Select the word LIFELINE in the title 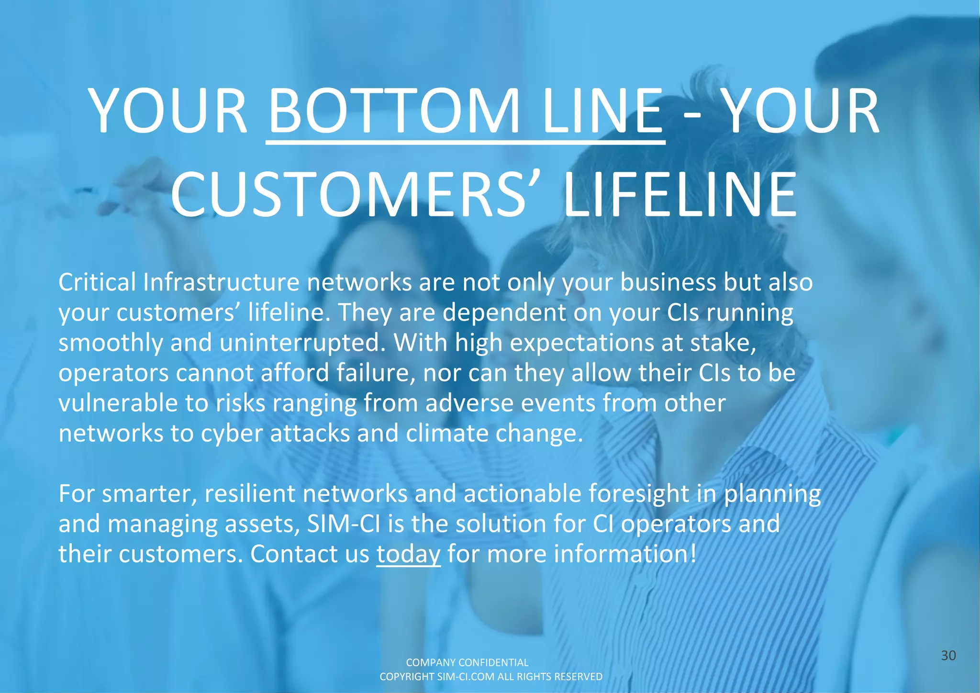[x=680, y=196]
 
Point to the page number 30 [x=948, y=656]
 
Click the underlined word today [x=408, y=554]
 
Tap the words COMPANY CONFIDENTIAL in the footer [x=467, y=662]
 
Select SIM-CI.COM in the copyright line [x=466, y=677]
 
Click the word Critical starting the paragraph [x=97, y=282]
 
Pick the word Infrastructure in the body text [x=221, y=282]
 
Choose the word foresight [x=638, y=494]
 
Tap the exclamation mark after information [x=693, y=554]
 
